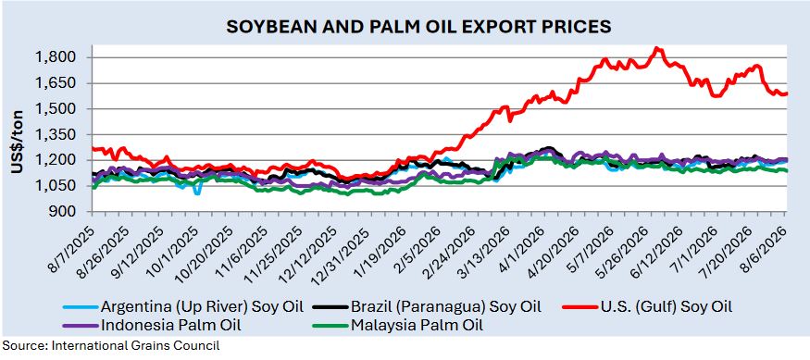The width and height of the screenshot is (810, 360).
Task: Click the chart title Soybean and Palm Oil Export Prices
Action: click(419, 26)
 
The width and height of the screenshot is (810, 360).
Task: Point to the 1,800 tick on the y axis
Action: click(61, 57)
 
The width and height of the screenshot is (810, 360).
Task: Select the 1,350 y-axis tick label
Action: click(61, 135)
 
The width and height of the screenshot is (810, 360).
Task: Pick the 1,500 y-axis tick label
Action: click(61, 109)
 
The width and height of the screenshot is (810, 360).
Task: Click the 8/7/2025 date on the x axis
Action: click(72, 243)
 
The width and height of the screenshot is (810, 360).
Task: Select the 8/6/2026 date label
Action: click(766, 243)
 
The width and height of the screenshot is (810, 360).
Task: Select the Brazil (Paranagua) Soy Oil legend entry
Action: click(427, 307)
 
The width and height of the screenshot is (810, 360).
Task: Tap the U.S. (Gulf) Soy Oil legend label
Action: click(646, 307)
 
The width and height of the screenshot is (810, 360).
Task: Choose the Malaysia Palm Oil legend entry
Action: click(398, 325)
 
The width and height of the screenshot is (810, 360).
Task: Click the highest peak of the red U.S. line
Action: click(656, 48)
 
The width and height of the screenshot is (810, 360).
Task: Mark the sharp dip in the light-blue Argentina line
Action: click(197, 192)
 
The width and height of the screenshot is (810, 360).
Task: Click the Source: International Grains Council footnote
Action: click(110, 346)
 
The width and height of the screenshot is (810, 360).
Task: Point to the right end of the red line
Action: click(786, 93)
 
